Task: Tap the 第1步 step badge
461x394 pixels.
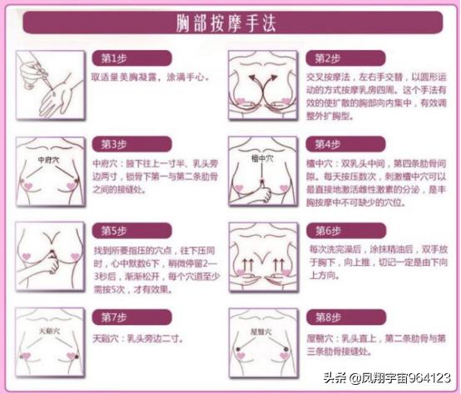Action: pos(114,59)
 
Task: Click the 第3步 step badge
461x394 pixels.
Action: pos(114,143)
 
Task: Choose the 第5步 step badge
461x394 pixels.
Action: pos(114,230)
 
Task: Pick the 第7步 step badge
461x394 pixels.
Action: pos(114,317)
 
